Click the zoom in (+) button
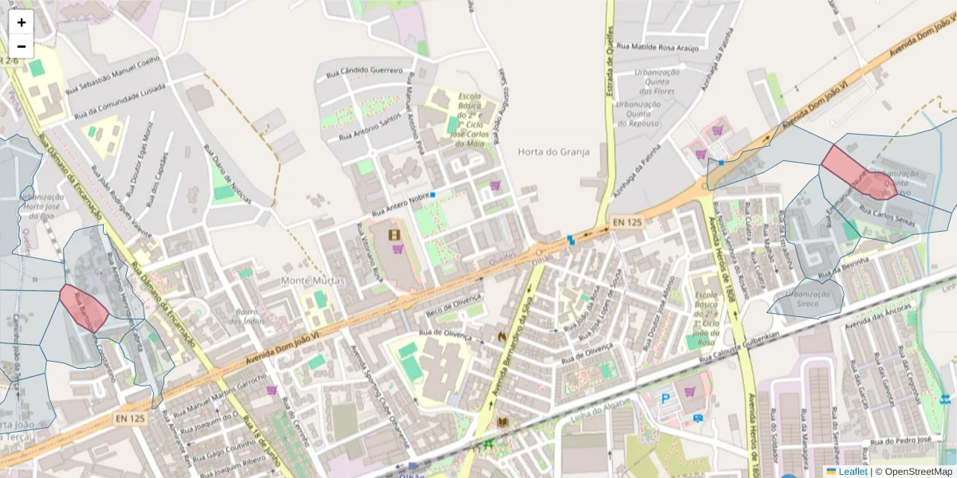(x=22, y=22)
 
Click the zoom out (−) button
(x=22, y=46)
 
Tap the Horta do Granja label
(x=553, y=151)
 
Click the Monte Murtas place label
(x=313, y=281)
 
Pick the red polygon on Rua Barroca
(x=84, y=307)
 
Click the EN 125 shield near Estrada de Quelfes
(x=627, y=221)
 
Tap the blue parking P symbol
(x=665, y=398)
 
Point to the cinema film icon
(x=394, y=234)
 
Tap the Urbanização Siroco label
(x=813, y=299)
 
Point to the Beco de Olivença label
(x=454, y=303)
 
